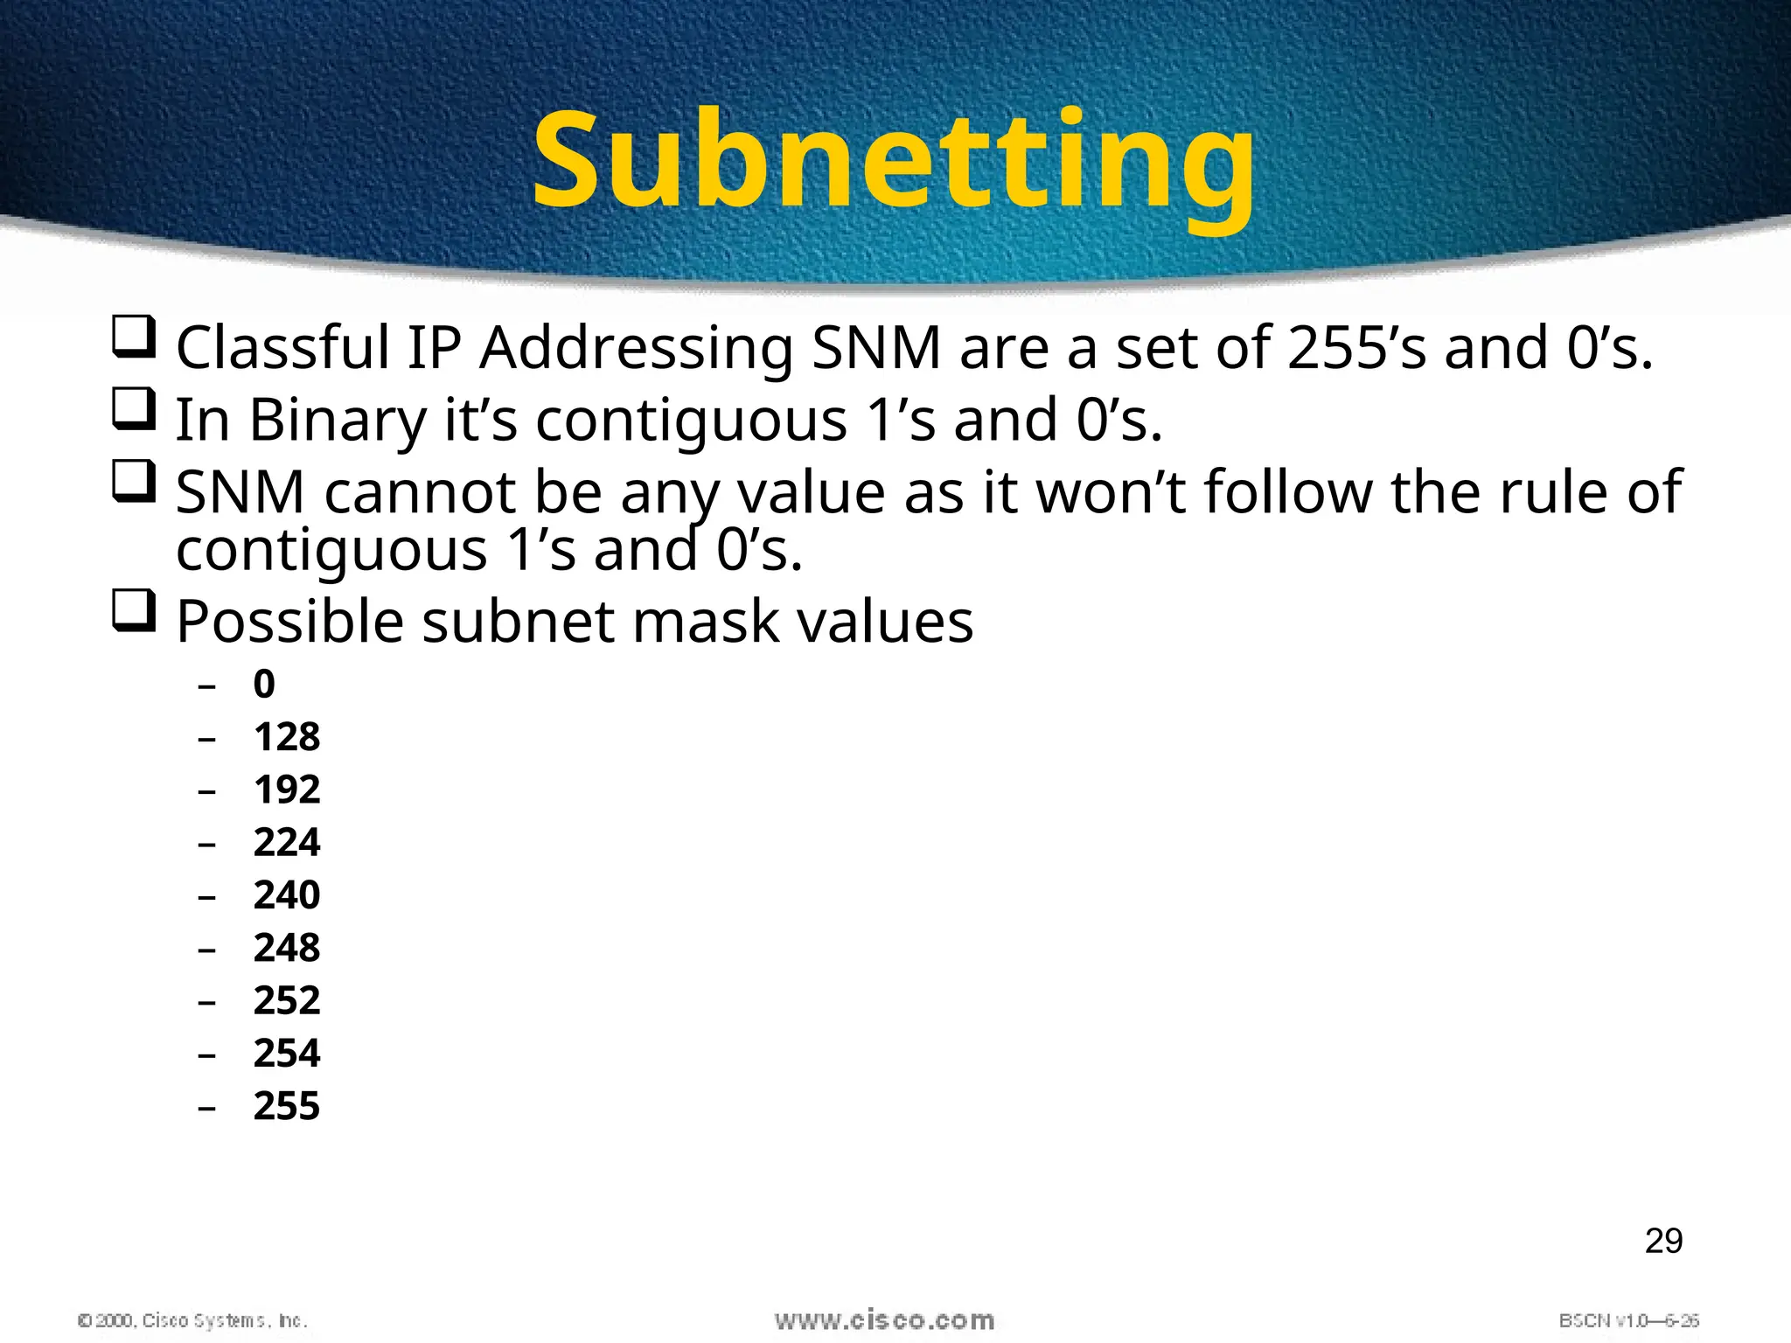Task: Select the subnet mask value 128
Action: point(287,737)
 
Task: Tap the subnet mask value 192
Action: point(287,790)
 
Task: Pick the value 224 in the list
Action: point(287,842)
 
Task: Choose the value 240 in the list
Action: point(287,894)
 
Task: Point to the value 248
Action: point(287,948)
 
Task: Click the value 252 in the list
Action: point(287,1000)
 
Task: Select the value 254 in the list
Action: point(287,1053)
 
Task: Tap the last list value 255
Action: point(287,1106)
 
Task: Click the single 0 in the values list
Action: point(264,684)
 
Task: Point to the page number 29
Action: point(1663,1241)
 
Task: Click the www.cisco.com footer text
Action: point(884,1320)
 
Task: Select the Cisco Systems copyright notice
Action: point(192,1320)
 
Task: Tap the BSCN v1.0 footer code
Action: point(1628,1320)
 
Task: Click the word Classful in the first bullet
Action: point(282,348)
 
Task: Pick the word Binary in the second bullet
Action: point(338,421)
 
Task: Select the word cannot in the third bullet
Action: point(420,493)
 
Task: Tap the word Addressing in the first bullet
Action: point(637,348)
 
